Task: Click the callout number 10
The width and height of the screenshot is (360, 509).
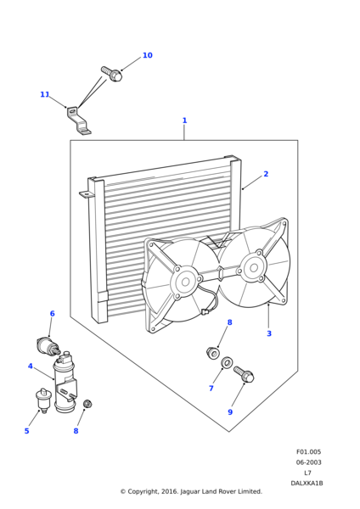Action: point(148,55)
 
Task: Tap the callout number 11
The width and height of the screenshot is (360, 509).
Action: point(44,94)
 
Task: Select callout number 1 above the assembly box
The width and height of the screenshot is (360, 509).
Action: point(184,120)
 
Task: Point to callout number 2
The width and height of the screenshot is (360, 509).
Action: point(266,174)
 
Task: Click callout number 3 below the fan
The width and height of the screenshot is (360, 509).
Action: point(269,333)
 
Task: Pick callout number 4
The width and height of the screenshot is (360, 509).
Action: point(31,366)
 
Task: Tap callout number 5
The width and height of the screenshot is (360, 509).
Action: point(26,431)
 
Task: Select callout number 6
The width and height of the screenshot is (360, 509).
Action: point(53,314)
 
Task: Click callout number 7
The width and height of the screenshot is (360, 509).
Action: point(211,389)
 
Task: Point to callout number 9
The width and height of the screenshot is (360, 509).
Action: point(230,412)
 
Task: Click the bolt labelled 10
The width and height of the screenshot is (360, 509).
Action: point(111,74)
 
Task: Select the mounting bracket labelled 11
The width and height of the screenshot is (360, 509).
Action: point(79,120)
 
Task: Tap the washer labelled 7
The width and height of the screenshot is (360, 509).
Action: point(227,362)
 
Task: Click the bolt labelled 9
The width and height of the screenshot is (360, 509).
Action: point(244,374)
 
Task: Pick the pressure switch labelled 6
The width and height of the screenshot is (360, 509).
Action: point(48,346)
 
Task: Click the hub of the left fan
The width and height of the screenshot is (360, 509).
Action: point(186,282)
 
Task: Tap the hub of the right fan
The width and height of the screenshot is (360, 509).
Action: point(254,268)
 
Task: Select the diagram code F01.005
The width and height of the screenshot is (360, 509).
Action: point(308,452)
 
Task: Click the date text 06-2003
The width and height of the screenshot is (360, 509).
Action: point(308,462)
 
